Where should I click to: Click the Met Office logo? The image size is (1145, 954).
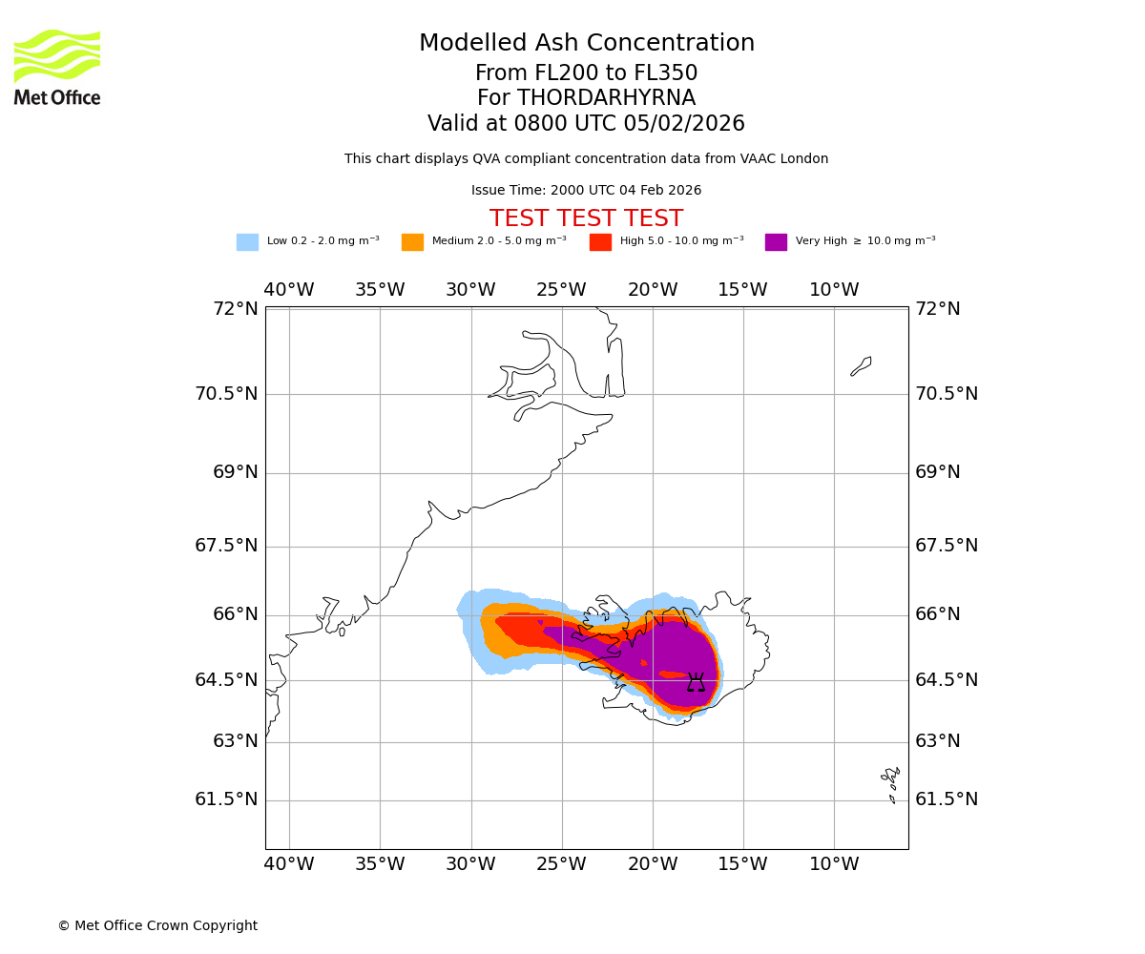tap(57, 67)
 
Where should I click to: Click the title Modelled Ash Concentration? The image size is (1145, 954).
tap(587, 44)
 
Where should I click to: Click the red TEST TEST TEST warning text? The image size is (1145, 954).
tap(586, 219)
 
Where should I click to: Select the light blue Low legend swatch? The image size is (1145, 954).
tap(247, 242)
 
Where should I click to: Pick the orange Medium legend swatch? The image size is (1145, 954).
tap(412, 242)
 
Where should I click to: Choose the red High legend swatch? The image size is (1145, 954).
tap(600, 242)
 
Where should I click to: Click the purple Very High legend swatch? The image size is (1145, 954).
tap(776, 242)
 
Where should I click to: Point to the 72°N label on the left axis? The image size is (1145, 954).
tap(235, 309)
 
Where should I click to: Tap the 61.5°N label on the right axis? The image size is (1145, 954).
tap(947, 799)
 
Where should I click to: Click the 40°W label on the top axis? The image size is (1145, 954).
tap(289, 290)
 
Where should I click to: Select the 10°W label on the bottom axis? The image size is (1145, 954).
tap(834, 864)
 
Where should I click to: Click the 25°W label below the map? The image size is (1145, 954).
tap(561, 864)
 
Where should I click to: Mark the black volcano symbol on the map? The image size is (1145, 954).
tap(697, 682)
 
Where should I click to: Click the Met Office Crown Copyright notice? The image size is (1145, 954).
tap(157, 926)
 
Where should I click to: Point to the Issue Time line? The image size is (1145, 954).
tap(586, 191)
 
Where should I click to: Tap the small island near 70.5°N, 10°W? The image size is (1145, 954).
tap(862, 365)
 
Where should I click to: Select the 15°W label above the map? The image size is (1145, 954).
tap(742, 290)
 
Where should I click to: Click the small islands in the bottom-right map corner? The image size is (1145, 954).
tap(891, 782)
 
